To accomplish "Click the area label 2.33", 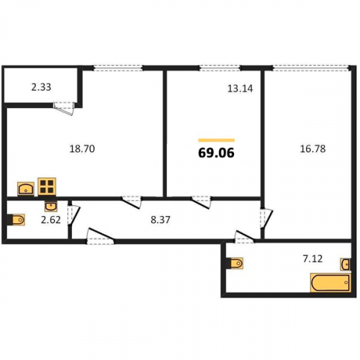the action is (x=41, y=87).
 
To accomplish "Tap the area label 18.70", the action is (x=82, y=149).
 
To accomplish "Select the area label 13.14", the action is (x=240, y=89).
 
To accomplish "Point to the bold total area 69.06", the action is (x=216, y=153).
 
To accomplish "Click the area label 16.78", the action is (x=313, y=149).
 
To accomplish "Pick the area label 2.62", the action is (x=50, y=220).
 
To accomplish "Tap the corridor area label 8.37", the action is (x=161, y=220).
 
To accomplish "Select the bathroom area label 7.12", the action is (x=312, y=258).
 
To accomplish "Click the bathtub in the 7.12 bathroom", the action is (x=330, y=282).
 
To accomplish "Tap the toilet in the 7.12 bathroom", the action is (x=235, y=264).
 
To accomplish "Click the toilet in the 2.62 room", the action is (x=16, y=220).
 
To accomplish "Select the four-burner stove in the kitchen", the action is (x=47, y=186).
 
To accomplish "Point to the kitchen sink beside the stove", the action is (x=26, y=189).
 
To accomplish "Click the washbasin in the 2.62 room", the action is (x=51, y=206).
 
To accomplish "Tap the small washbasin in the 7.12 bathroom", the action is (x=345, y=264).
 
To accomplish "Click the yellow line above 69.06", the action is (x=216, y=140).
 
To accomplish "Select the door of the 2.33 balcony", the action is (x=63, y=109).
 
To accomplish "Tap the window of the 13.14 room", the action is (x=220, y=68).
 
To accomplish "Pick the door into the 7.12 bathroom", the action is (x=244, y=237).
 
